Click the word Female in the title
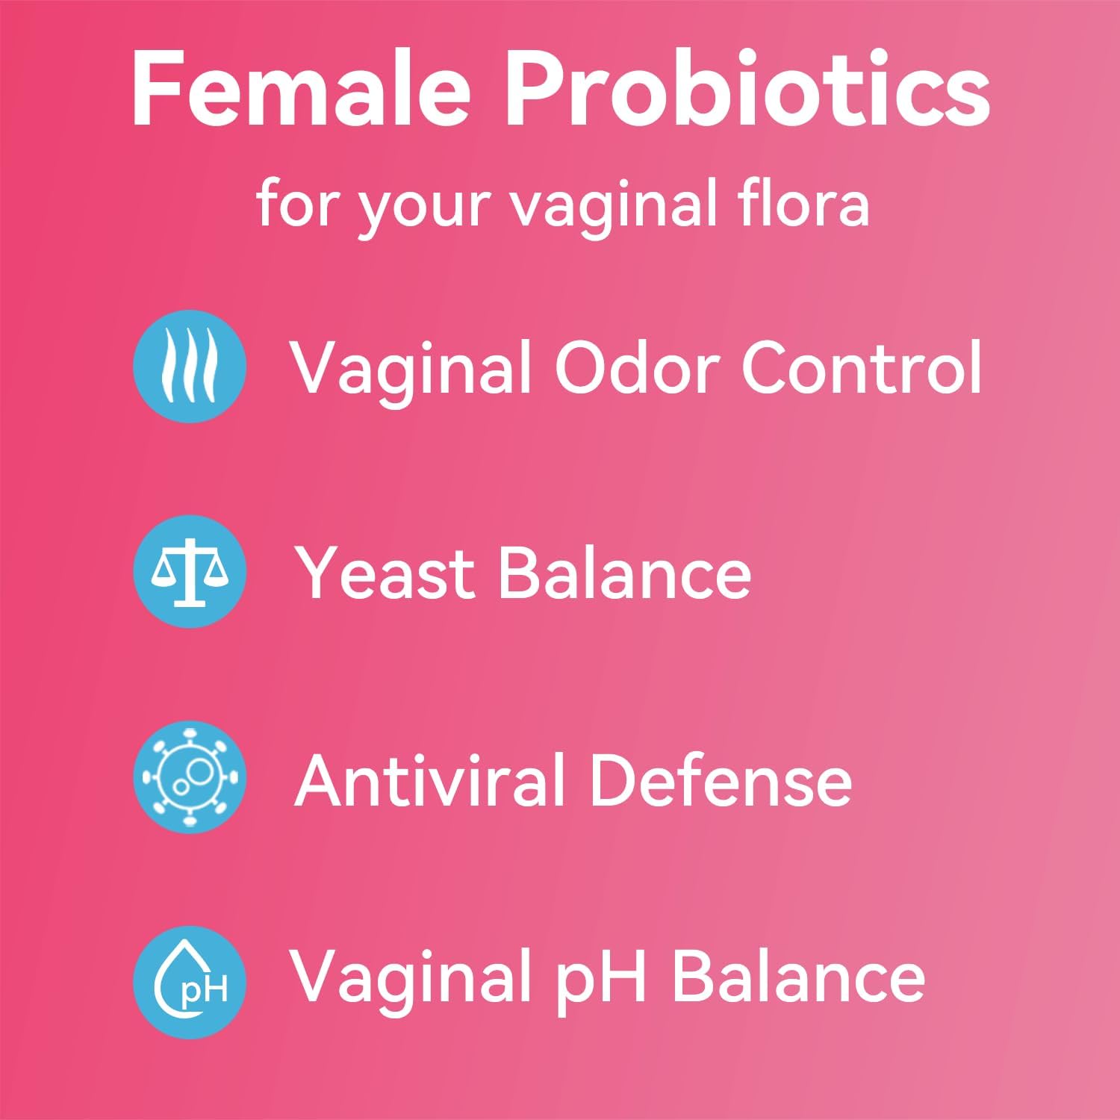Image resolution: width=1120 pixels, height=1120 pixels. point(300,90)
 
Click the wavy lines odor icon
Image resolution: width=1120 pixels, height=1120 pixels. point(190,366)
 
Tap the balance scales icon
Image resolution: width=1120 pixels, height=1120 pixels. point(190,571)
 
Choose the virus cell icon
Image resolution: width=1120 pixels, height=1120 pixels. point(190,777)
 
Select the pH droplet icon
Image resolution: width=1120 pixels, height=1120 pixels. point(190,982)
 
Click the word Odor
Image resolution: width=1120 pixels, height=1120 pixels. point(637,367)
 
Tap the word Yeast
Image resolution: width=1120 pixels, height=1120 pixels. point(385,573)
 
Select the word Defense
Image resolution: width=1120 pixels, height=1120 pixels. point(721,780)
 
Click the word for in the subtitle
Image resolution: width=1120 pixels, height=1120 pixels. point(293,203)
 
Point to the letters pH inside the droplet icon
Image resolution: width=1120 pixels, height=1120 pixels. point(204,991)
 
